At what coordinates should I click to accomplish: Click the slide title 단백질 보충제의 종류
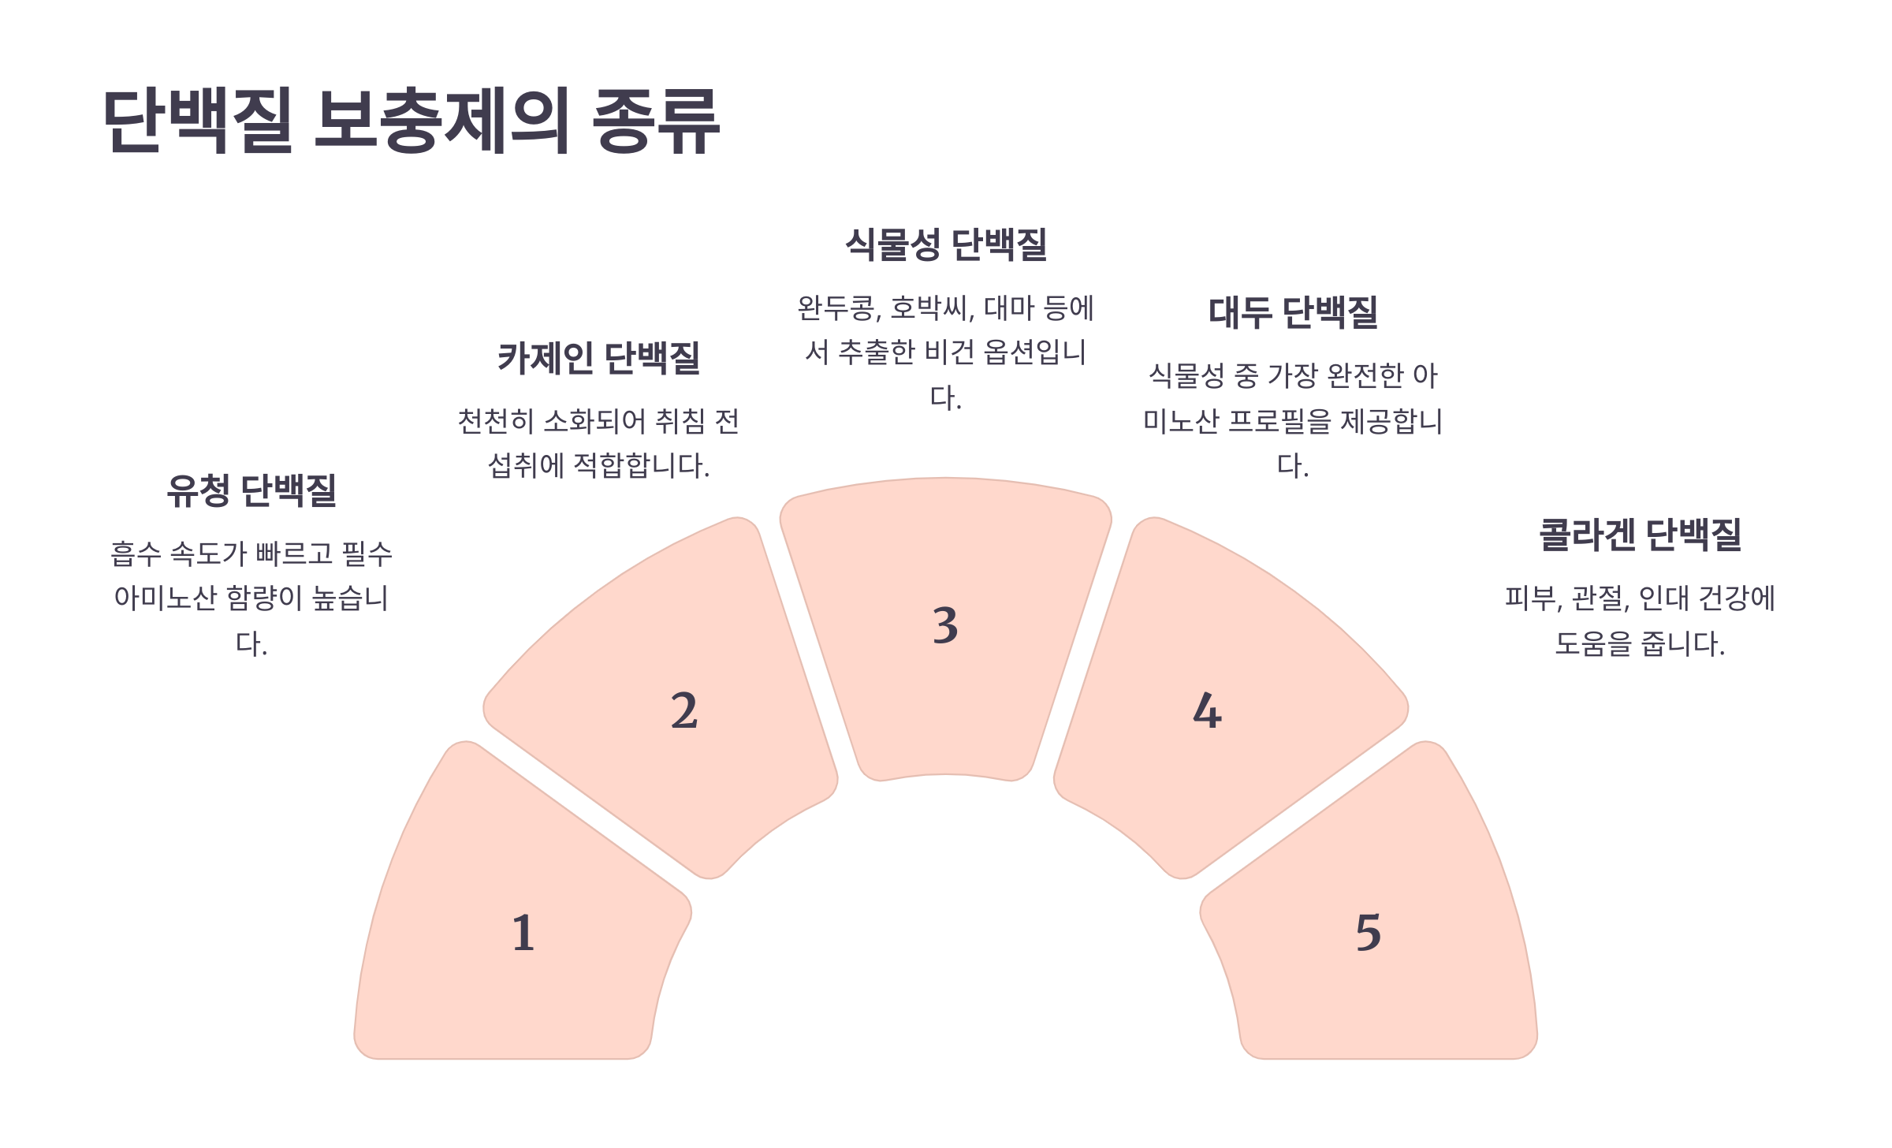pyautogui.click(x=412, y=121)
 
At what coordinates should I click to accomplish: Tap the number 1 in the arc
pyautogui.click(x=523, y=933)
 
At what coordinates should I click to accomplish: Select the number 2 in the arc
pyautogui.click(x=684, y=710)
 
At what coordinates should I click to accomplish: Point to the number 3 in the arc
pyautogui.click(x=945, y=625)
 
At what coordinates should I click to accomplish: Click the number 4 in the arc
pyautogui.click(x=1207, y=710)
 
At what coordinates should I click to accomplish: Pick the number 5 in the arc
pyautogui.click(x=1369, y=933)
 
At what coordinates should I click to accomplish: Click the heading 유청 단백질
pyautogui.click(x=251, y=490)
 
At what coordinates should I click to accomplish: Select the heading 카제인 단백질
pyautogui.click(x=599, y=358)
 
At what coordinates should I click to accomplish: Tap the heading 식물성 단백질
pyautogui.click(x=946, y=244)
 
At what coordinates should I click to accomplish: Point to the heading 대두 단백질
pyautogui.click(x=1293, y=312)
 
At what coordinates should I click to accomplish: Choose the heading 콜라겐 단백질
pyautogui.click(x=1640, y=535)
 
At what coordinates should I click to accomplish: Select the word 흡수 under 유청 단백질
pyautogui.click(x=136, y=553)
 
